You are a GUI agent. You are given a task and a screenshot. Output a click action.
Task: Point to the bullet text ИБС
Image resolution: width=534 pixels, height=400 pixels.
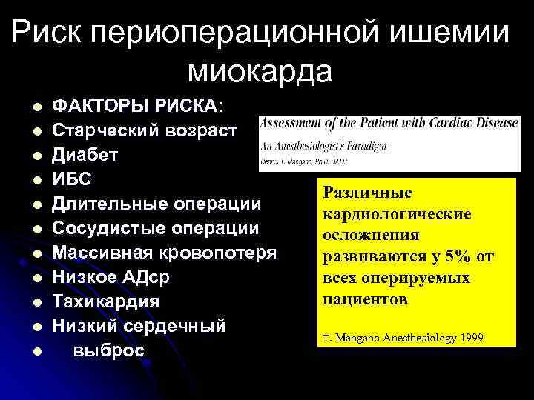click(71, 179)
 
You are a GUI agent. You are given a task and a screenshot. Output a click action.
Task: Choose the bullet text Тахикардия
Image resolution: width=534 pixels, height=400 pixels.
click(105, 302)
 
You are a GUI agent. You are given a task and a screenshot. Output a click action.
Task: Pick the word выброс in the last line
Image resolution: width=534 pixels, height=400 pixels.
click(108, 350)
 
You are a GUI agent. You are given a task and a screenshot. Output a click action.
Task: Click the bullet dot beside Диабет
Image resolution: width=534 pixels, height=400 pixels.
click(35, 156)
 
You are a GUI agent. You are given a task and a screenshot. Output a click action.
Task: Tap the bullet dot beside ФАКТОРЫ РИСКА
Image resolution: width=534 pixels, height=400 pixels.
click(35, 107)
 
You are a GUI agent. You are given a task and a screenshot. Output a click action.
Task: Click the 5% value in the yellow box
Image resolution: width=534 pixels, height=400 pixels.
click(453, 257)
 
